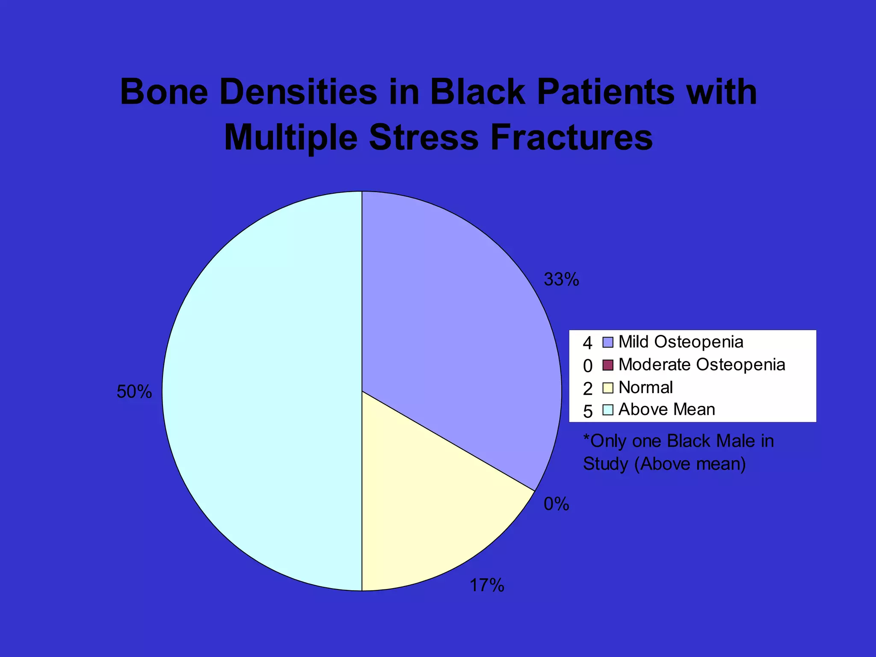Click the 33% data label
(x=561, y=280)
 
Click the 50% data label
(x=134, y=392)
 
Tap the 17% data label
(x=487, y=585)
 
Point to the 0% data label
(x=556, y=504)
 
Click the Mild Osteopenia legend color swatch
(x=608, y=343)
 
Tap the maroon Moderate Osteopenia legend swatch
(x=608, y=365)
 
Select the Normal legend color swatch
(x=608, y=388)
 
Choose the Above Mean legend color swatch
(x=608, y=410)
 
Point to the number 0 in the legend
(x=588, y=366)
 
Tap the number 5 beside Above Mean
(x=588, y=411)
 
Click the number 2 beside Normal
(x=588, y=389)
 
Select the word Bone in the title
(x=164, y=92)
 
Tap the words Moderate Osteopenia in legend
(x=701, y=365)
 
